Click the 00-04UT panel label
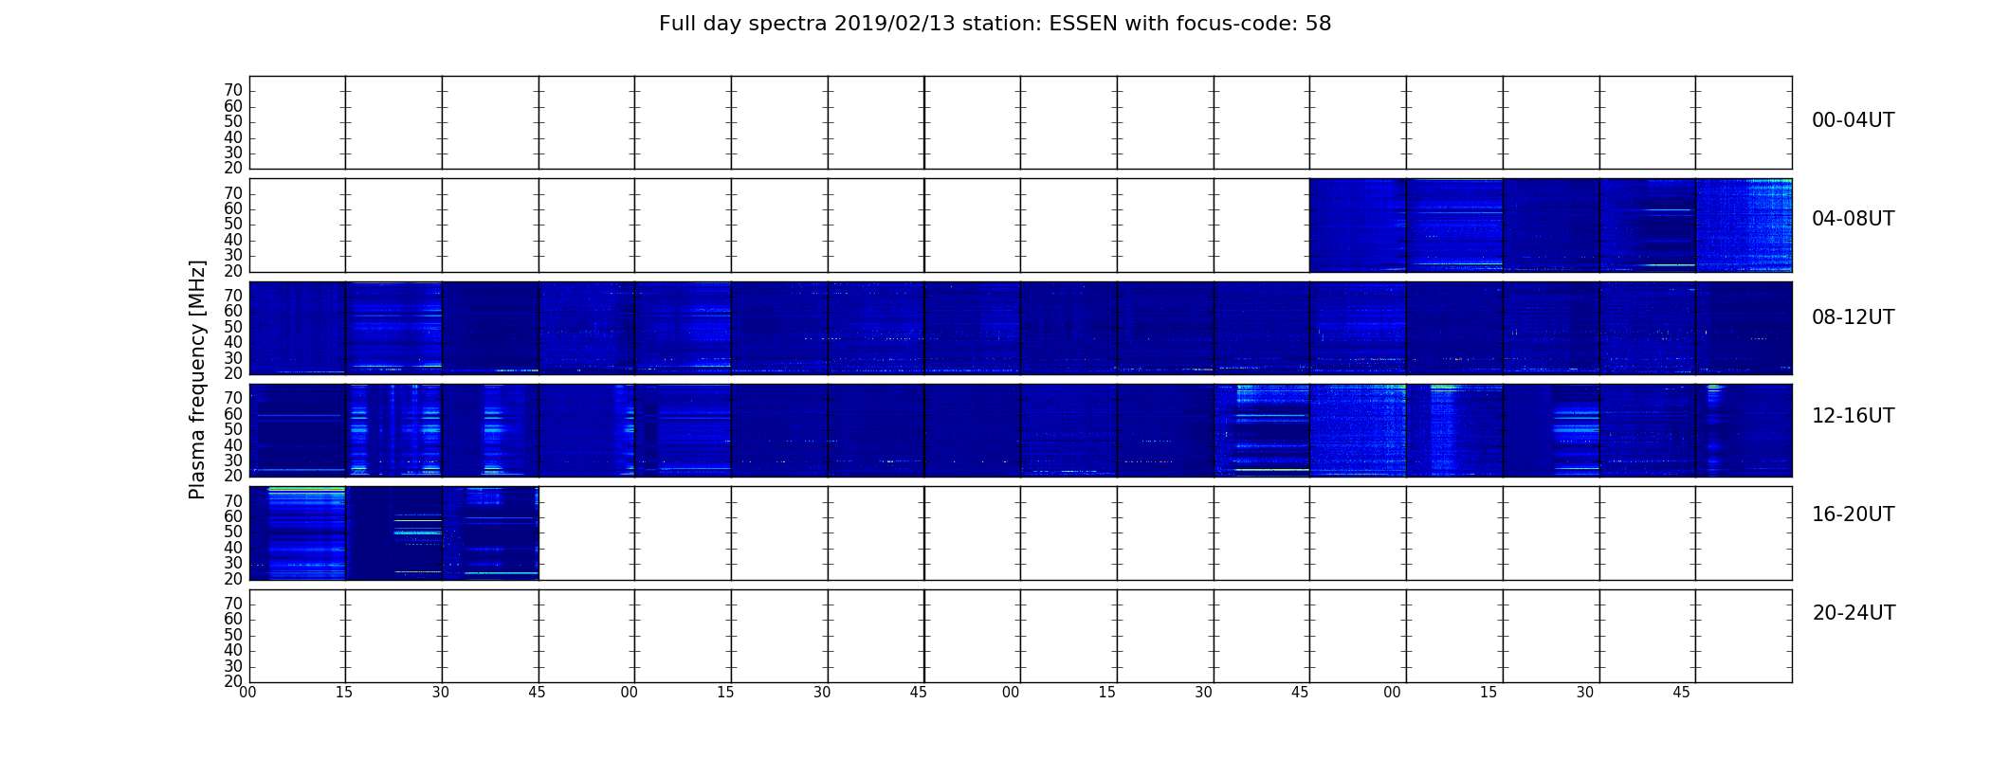1853,120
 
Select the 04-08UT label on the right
1853,219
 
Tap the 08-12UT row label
1853,317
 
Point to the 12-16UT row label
1853,416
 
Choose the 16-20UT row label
1853,514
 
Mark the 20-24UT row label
1854,613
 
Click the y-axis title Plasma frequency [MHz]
197,379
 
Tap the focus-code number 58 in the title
1319,24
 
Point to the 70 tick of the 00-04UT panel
233,90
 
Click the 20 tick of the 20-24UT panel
233,681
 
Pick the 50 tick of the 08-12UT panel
233,327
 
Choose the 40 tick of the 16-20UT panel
233,548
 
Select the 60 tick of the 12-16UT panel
233,414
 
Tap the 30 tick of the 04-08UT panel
233,255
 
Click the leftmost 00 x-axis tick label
247,693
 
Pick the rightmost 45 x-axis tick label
1681,693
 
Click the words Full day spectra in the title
742,24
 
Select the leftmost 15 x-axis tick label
344,693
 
